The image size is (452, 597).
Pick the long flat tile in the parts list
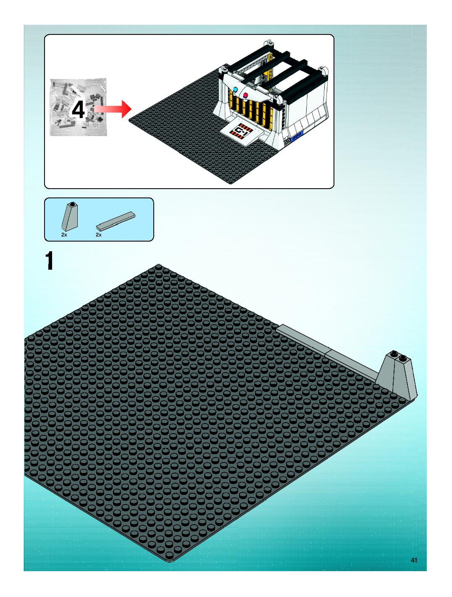pos(116,221)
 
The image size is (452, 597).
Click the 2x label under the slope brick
pos(64,235)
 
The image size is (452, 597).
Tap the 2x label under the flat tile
pos(99,235)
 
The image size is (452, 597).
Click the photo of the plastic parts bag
pos(78,107)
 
